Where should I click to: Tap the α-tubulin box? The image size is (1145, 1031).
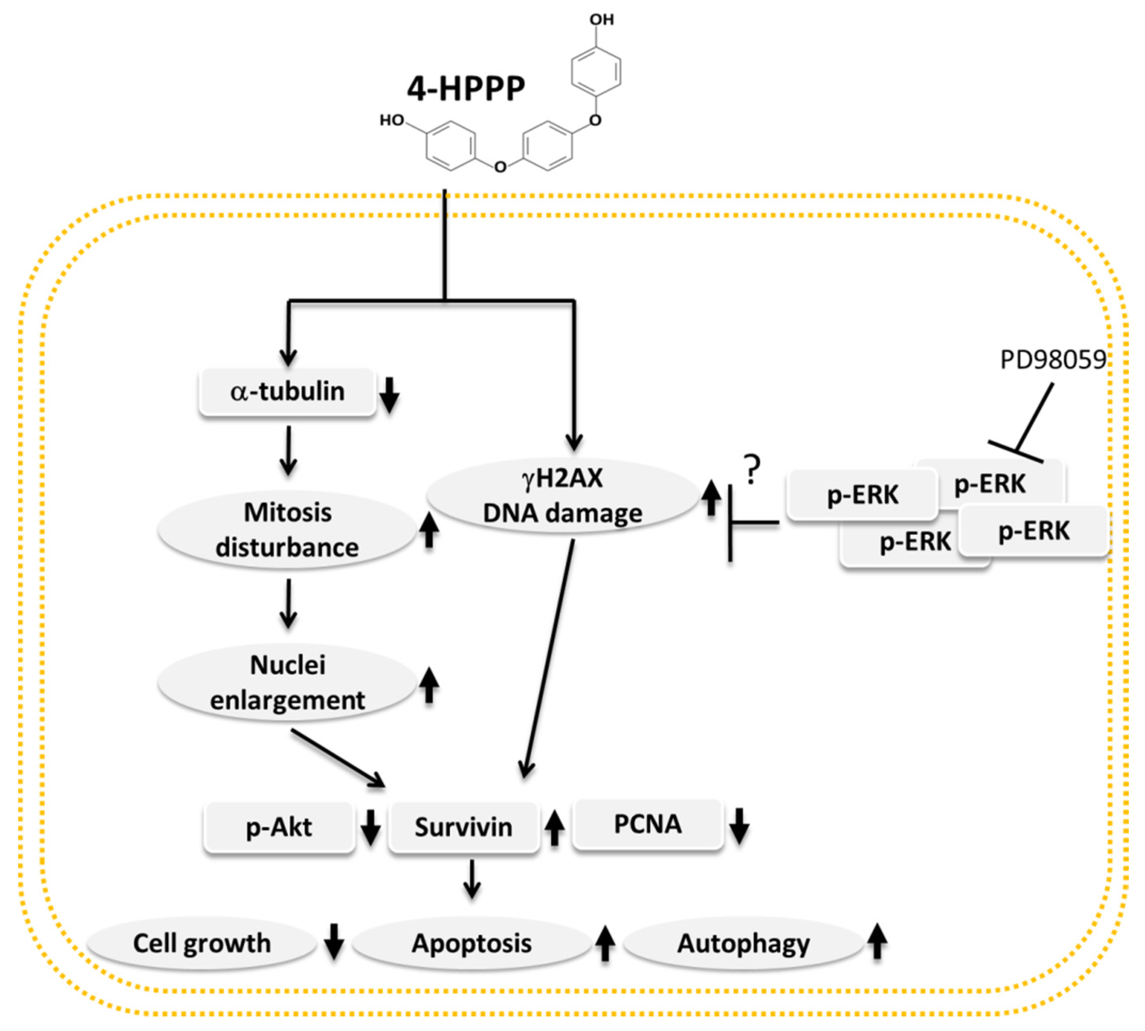click(x=287, y=392)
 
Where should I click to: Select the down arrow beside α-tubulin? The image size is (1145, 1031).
click(x=389, y=395)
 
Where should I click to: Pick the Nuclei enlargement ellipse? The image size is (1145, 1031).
click(x=287, y=682)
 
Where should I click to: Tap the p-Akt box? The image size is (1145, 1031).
click(x=279, y=827)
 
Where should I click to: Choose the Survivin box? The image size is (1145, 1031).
click(x=463, y=827)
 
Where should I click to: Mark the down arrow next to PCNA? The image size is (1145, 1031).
click(x=739, y=827)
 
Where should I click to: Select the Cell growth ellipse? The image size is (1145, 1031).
click(x=202, y=943)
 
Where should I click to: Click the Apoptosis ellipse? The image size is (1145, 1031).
click(x=471, y=943)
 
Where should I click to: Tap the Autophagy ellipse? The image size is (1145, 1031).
click(x=743, y=943)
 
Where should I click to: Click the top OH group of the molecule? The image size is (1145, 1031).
click(x=601, y=20)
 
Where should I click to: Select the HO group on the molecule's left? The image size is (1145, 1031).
click(x=392, y=120)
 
